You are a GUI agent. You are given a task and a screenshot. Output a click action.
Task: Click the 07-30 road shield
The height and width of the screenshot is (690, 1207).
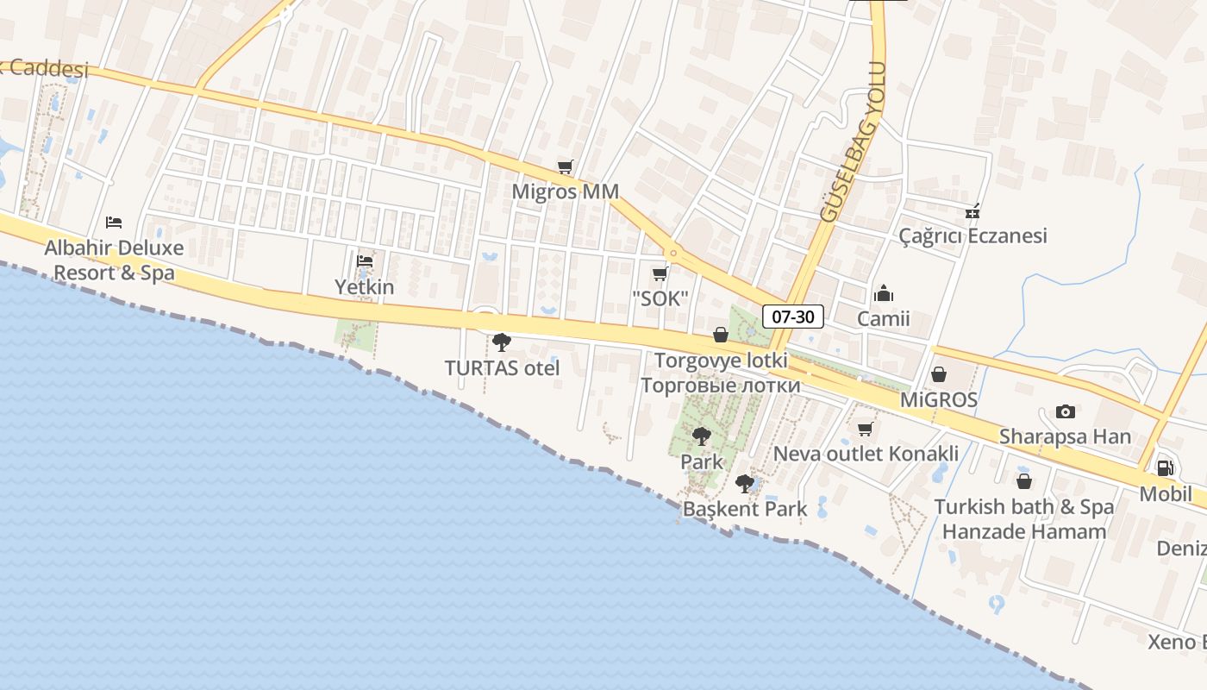click(792, 317)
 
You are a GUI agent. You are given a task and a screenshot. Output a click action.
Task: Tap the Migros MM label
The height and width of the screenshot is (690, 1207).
click(566, 191)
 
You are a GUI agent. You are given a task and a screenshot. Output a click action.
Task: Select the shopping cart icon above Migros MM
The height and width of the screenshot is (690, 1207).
click(566, 166)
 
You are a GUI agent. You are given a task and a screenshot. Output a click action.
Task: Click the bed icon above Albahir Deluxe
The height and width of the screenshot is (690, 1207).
click(114, 223)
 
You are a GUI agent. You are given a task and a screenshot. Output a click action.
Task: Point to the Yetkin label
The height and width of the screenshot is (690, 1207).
click(365, 287)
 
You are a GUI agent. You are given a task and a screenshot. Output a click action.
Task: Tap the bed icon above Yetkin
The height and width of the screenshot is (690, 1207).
click(365, 260)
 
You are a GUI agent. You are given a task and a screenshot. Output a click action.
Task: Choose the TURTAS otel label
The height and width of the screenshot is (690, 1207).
click(502, 368)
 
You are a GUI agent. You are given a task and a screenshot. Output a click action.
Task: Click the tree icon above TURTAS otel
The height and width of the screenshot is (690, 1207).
click(502, 342)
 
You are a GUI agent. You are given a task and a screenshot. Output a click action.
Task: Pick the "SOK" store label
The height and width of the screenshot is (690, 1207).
click(660, 299)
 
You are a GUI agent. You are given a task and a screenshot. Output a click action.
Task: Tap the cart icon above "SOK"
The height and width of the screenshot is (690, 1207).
click(660, 274)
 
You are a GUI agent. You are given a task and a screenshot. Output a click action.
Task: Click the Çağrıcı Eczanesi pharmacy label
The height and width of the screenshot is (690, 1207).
click(972, 235)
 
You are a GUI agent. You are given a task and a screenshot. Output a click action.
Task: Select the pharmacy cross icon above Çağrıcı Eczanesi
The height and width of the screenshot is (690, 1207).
click(972, 211)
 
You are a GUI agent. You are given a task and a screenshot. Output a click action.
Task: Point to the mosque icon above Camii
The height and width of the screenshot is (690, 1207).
click(884, 294)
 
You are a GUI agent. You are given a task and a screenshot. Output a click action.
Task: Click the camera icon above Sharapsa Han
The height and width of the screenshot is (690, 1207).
click(1066, 411)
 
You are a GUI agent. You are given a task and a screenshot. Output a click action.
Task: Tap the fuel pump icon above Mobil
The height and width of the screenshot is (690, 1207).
click(1165, 468)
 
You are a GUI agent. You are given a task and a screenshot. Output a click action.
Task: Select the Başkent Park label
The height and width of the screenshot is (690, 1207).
click(745, 509)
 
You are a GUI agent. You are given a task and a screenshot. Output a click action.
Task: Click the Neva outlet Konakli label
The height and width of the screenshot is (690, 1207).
click(866, 454)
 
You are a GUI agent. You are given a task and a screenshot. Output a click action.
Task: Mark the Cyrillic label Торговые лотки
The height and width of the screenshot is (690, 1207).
click(721, 385)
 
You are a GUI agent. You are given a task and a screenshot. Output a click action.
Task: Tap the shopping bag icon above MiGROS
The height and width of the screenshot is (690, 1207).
click(939, 374)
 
